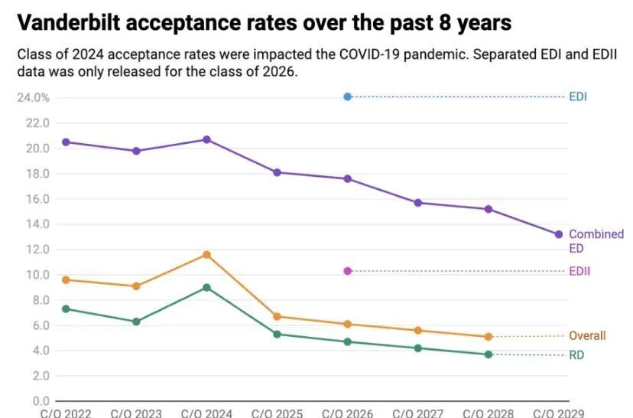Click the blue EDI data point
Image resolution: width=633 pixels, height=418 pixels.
tap(348, 96)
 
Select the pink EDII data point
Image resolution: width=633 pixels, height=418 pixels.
tap(348, 271)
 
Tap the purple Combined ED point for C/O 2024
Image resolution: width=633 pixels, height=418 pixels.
tap(207, 139)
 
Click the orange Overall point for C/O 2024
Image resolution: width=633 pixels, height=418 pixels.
tap(207, 254)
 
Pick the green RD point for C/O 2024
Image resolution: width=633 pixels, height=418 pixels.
tap(207, 287)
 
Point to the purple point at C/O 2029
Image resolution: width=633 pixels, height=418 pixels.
tap(559, 234)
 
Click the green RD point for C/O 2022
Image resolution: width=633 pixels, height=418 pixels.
tap(66, 309)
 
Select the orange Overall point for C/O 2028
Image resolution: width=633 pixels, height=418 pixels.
tap(489, 336)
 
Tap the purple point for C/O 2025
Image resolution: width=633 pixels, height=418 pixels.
tap(277, 172)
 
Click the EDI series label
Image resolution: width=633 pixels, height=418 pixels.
tap(578, 97)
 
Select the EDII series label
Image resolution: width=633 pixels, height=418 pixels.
tap(579, 271)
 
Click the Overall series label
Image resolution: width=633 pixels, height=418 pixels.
tap(587, 336)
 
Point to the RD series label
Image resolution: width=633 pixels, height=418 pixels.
tap(576, 355)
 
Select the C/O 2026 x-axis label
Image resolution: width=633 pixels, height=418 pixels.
tap(348, 413)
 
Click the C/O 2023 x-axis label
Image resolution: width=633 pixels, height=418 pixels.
tap(136, 413)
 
